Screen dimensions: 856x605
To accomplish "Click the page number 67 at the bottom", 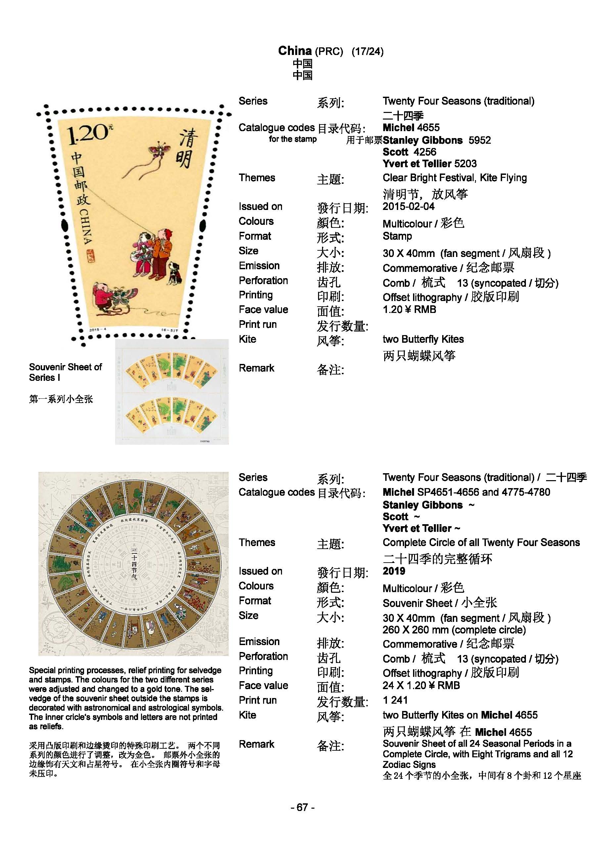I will tap(302, 807).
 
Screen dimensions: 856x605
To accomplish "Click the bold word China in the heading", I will tap(295, 51).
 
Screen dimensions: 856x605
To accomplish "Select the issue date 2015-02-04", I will tap(408, 207).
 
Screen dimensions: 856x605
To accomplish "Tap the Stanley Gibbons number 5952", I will tap(480, 140).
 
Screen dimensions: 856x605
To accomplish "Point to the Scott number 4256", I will tap(425, 152).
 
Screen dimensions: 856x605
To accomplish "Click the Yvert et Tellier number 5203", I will tap(465, 163).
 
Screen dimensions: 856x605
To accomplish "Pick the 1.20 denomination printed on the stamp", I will tap(88, 134).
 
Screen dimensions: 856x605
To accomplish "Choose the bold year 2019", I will tap(394, 571).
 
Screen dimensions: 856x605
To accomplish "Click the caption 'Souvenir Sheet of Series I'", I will tap(65, 372).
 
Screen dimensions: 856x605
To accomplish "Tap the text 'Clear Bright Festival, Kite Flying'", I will tap(454, 178).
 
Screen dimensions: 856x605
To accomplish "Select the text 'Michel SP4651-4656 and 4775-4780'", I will tap(466, 492).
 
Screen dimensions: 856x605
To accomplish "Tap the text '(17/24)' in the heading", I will tap(367, 51).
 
